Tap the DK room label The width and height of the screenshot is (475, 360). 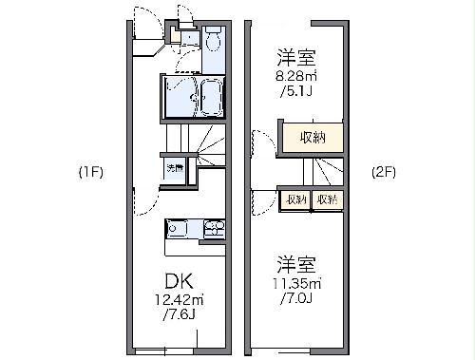coord(180,281)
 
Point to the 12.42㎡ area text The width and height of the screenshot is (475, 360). coord(180,299)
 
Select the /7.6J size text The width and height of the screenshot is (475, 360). coord(180,314)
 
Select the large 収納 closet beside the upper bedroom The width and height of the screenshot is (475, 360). coord(312,137)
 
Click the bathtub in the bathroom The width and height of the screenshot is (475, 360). coord(209,97)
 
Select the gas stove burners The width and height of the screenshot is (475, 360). coord(213,228)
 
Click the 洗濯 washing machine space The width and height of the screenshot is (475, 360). coord(176,169)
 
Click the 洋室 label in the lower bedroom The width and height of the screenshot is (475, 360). coord(297,263)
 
